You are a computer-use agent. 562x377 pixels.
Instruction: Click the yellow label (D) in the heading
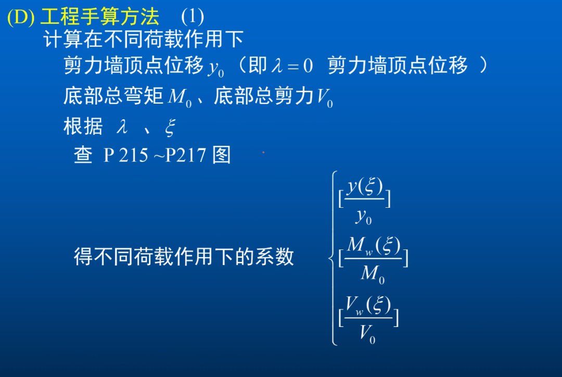tap(20, 18)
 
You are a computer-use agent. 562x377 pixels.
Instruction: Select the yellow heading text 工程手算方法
tap(99, 17)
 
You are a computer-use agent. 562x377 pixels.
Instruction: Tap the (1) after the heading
tap(192, 17)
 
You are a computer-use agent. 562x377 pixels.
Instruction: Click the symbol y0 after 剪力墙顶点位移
tap(215, 68)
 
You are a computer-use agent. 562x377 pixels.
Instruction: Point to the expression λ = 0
tap(292, 66)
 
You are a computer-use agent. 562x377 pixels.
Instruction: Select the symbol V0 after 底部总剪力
tap(325, 97)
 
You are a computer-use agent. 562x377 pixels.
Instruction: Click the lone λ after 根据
tap(122, 127)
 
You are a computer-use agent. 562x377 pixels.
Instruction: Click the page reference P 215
tap(125, 155)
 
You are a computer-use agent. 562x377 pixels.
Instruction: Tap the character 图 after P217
tap(222, 155)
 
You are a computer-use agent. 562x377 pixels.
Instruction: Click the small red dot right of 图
tap(263, 153)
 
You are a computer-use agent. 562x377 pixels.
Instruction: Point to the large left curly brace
tap(334, 258)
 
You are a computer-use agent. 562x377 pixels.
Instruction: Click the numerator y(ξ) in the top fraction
tap(365, 186)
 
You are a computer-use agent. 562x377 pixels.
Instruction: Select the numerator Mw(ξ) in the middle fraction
tap(373, 245)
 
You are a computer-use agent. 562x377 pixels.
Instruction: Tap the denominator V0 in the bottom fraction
tap(367, 333)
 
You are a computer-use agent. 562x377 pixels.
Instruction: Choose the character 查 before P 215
tap(83, 155)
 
